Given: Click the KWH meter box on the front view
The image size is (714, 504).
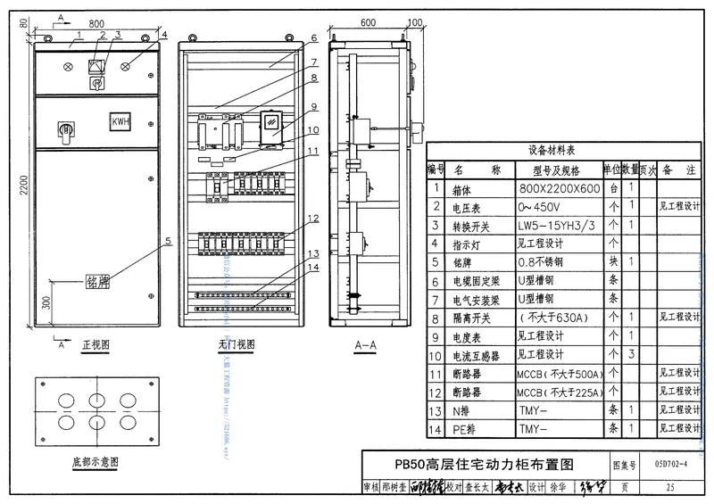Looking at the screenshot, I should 120,121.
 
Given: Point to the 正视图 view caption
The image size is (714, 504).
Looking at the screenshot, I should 95,343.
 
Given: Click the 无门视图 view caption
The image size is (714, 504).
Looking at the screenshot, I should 236,344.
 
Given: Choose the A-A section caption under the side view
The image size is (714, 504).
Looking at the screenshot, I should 364,344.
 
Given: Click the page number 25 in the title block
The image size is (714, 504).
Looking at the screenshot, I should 670,487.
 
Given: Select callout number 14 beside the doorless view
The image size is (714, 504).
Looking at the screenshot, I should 311,267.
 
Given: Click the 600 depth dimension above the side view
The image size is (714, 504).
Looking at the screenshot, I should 368,23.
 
